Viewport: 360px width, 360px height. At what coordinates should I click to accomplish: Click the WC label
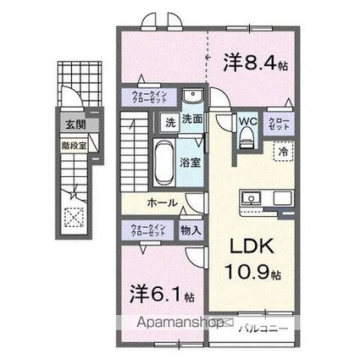(246, 122)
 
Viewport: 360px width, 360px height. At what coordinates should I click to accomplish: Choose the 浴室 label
(190, 161)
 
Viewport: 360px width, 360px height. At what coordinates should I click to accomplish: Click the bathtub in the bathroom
(163, 161)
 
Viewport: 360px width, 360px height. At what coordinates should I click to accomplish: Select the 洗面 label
(191, 120)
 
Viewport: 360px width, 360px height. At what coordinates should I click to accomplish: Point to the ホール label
(162, 202)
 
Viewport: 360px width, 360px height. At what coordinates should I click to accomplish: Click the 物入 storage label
(191, 230)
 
